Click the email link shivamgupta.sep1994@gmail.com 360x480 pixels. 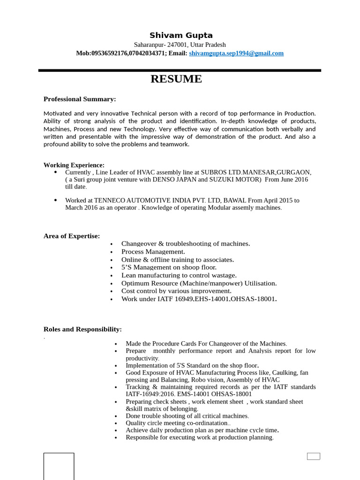pos(236,53)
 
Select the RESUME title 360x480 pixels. pos(176,79)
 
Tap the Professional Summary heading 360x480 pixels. pos(80,99)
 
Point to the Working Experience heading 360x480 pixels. pos(74,165)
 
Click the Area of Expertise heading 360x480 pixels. pos(72,236)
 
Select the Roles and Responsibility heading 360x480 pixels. pos(82,329)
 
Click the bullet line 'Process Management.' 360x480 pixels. pos(153,252)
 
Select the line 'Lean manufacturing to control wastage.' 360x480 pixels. pos(179,275)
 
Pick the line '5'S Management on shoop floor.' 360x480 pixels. pos(169,267)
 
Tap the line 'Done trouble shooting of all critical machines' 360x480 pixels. pos(187,416)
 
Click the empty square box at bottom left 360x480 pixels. pos(59,466)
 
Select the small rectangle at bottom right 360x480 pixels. pos(314,456)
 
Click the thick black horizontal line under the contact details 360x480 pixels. pos(180,70)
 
